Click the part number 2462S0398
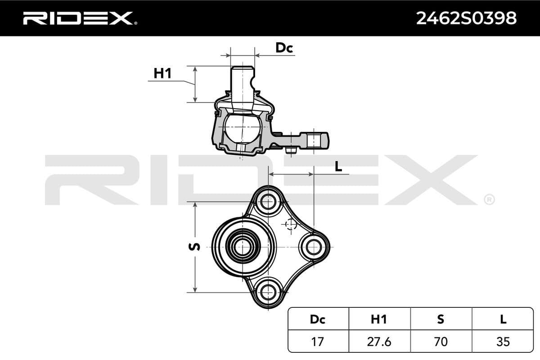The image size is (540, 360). coord(466,18)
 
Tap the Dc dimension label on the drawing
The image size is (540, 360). coord(284,48)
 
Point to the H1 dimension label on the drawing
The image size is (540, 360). coord(162,73)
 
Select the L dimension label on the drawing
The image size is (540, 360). coord(338,166)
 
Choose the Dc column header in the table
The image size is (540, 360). coord(317,319)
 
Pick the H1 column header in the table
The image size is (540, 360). coord(379,319)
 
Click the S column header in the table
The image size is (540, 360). coord(441,319)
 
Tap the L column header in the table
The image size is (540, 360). coord(503,319)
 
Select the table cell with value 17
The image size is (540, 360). coord(317,342)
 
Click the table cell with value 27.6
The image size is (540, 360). coord(379,342)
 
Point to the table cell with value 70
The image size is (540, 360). coord(441,342)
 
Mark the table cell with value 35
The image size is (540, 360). coord(503,342)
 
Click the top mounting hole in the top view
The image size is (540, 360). coord(268,202)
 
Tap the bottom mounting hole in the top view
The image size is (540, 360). coord(268,292)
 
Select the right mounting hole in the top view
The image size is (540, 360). coord(313,247)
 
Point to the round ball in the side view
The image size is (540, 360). coord(243,128)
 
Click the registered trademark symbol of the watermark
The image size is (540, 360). coord(489,199)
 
